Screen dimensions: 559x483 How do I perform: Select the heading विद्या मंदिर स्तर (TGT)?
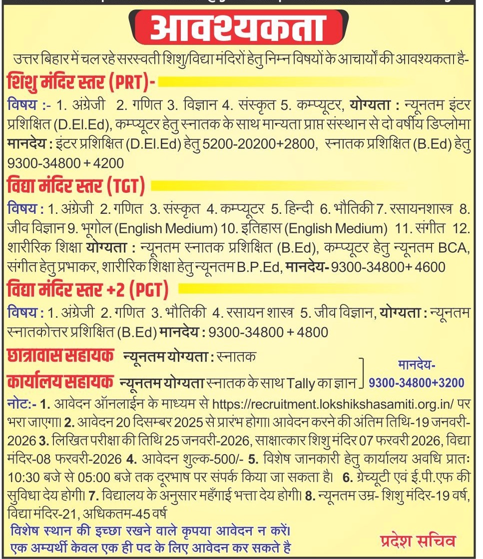[76, 187]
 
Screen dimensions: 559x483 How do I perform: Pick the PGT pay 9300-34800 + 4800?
[268, 332]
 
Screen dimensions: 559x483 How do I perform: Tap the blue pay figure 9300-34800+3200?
[416, 383]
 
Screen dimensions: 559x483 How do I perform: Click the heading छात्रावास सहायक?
[59, 357]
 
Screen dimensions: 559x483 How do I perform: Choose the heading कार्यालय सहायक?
[59, 382]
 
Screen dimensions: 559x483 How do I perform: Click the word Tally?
[302, 383]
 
